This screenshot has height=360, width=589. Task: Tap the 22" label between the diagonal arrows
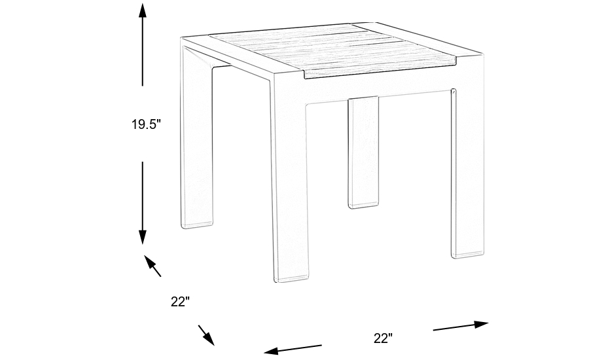point(180,302)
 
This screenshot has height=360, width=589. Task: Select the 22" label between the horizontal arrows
point(383,338)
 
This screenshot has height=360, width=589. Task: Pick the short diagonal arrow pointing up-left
point(152,265)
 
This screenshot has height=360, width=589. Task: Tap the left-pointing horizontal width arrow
point(292,348)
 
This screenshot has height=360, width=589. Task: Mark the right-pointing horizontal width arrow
point(461,325)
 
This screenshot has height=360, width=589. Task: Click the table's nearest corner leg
point(289,190)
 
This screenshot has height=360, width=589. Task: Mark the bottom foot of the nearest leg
point(289,276)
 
